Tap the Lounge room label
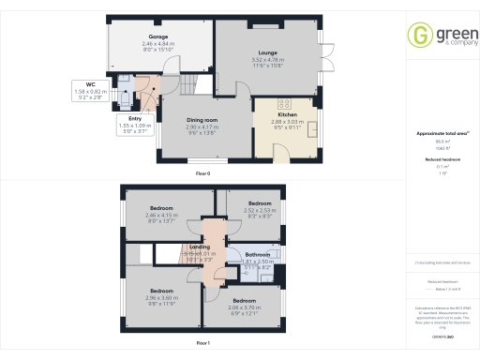(x=255, y=53)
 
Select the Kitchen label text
(x=288, y=115)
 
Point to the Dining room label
(x=202, y=120)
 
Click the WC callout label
(x=78, y=83)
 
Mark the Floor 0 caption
(x=202, y=174)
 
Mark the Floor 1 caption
(x=202, y=344)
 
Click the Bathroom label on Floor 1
(x=258, y=254)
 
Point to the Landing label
(x=200, y=247)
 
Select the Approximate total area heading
(x=440, y=134)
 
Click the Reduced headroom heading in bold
(x=440, y=160)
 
